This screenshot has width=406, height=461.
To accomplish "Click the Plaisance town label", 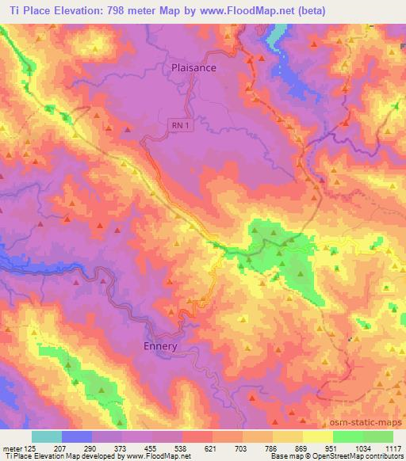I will pos(193,68).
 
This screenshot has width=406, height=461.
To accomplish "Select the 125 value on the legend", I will pos(31,449).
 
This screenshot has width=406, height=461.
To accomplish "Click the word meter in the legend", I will pos(11,449).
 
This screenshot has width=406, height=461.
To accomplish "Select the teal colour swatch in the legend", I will pos(47,436).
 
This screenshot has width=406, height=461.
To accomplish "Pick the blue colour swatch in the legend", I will pos(77,436).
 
